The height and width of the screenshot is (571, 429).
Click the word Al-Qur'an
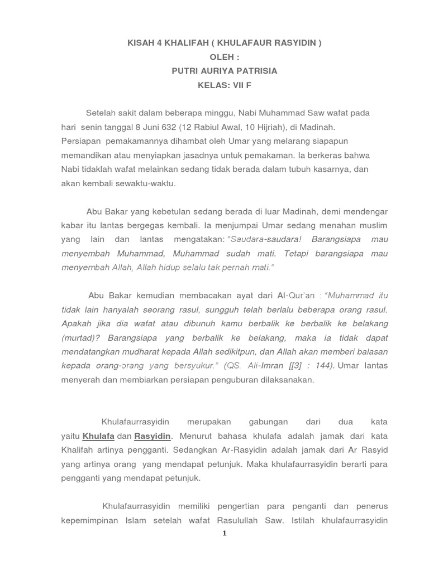pos(297,295)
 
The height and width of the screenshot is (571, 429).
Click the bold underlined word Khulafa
pos(98,435)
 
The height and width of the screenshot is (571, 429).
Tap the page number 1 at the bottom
pos(224,533)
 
